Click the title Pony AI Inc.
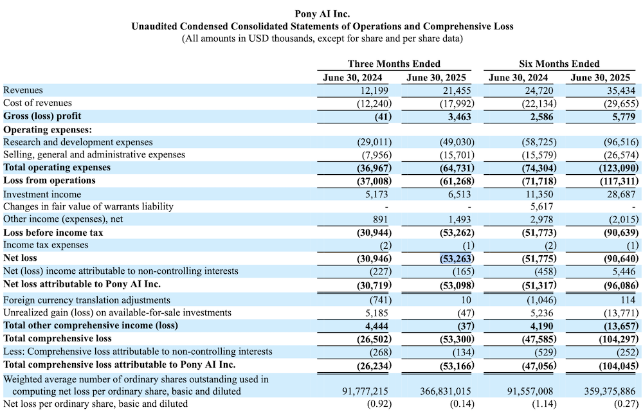(322, 13)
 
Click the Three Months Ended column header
(394, 64)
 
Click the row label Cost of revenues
(38, 103)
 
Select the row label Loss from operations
(50, 181)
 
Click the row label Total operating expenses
(57, 168)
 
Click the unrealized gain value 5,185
(378, 313)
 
